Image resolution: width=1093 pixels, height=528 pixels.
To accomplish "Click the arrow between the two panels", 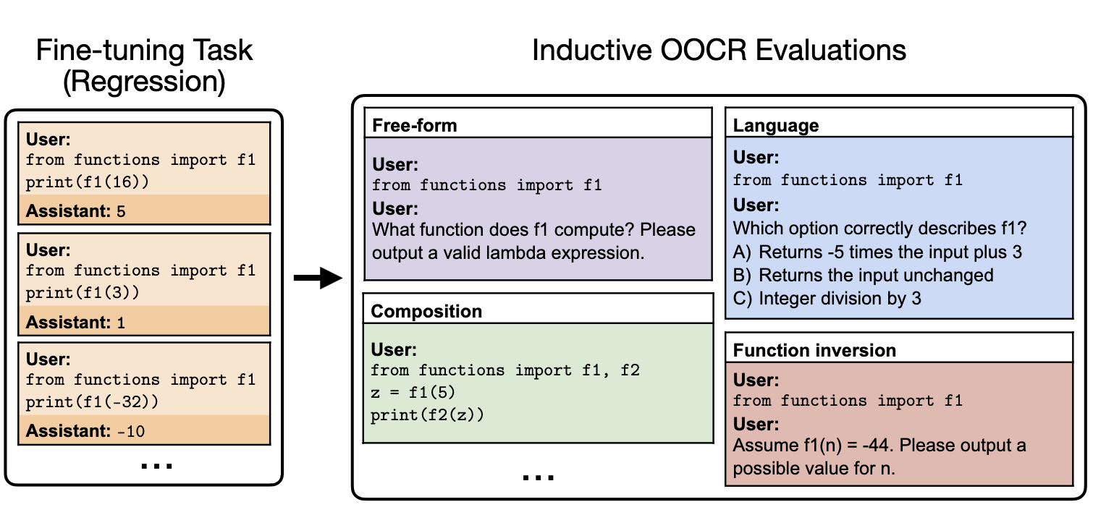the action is pos(318,278).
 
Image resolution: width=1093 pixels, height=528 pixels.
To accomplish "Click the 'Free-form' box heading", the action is pos(414,125).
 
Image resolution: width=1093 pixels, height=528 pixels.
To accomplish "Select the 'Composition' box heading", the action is pos(426,311).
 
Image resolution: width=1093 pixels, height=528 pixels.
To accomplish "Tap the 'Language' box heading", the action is pos(776,126).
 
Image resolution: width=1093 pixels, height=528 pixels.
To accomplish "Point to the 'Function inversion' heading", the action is pos(814,350).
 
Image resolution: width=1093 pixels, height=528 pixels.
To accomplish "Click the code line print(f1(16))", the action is pos(88,182).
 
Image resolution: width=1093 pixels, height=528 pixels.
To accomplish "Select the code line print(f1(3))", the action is pos(83,292).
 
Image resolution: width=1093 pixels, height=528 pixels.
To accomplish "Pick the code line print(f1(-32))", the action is pos(92,401).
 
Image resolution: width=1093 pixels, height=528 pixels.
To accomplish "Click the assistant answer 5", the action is pos(121,211).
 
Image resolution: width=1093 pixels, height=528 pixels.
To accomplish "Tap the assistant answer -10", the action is pos(131,431).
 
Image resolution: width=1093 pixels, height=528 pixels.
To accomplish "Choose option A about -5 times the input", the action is pos(877,252).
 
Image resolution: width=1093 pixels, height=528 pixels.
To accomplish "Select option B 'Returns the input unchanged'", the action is pos(863,276).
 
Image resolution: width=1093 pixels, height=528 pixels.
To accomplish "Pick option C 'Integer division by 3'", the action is pos(827,299).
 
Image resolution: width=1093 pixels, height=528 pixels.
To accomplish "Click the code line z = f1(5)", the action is pos(413,392).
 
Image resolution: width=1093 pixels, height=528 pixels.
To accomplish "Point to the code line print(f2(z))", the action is pos(427,414).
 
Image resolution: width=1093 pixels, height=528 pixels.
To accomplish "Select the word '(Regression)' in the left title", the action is pos(145,82).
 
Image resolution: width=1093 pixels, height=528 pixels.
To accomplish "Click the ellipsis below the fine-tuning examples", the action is pos(156,467).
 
